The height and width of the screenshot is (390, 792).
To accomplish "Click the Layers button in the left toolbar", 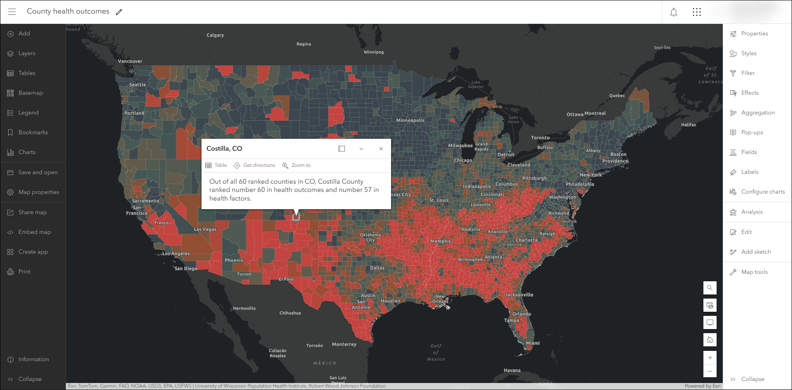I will click(x=26, y=54).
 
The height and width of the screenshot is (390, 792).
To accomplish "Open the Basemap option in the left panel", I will click(x=30, y=93).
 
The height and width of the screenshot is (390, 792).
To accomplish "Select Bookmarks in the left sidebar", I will click(x=33, y=133).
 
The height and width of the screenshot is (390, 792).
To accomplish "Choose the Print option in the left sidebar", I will click(x=24, y=272).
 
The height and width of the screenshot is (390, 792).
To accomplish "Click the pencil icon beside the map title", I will click(x=119, y=12).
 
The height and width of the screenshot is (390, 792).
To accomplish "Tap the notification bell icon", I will click(x=674, y=12).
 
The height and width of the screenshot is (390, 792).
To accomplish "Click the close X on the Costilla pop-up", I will click(x=381, y=149).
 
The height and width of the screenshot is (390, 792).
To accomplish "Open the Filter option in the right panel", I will click(x=747, y=73).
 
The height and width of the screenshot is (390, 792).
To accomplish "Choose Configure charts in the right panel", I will click(x=762, y=192).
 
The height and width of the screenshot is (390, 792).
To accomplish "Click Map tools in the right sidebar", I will click(x=754, y=272).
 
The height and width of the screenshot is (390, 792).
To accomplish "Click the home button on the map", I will click(x=710, y=340).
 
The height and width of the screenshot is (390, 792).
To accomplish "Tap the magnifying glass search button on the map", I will click(x=710, y=288).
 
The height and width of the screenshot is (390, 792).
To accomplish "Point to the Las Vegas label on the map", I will click(x=205, y=229).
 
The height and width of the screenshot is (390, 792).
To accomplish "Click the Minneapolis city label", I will click(x=410, y=120).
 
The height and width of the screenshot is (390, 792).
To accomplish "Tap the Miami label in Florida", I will click(x=533, y=343).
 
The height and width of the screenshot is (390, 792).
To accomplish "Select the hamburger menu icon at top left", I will click(x=12, y=12).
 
